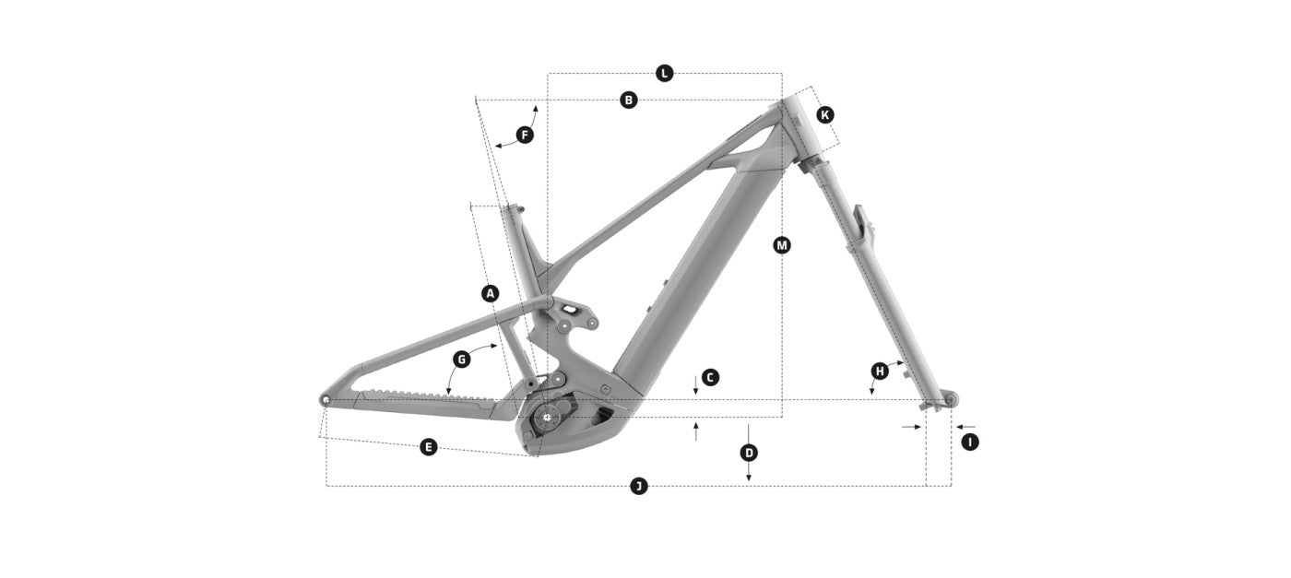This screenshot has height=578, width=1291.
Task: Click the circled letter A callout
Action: [491, 294]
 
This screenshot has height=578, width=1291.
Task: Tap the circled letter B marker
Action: [629, 100]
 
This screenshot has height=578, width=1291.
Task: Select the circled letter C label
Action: [709, 377]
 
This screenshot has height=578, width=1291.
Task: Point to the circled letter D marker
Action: [749, 453]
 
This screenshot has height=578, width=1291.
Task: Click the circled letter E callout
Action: [428, 447]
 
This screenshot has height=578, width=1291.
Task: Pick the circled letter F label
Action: [525, 136]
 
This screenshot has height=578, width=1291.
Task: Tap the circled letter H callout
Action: [880, 371]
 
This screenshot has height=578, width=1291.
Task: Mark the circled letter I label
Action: [969, 442]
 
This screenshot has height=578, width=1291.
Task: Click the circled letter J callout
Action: [638, 486]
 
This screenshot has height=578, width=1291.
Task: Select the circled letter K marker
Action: [825, 114]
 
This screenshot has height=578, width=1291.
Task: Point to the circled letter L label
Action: [665, 73]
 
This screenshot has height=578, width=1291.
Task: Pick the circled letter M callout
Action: [782, 245]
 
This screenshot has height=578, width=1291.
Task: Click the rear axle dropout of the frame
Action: [326, 399]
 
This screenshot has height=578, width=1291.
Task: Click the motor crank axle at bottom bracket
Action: [548, 417]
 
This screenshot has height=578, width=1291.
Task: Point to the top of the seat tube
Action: [510, 208]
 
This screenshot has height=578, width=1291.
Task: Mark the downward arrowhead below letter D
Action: [749, 477]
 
